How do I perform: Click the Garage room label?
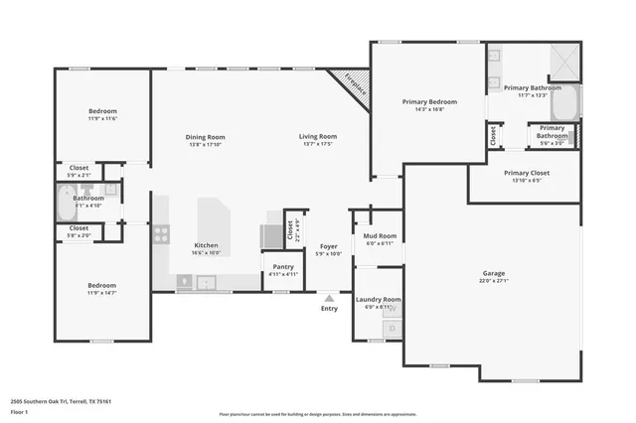[494, 273]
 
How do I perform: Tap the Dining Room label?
[206, 137]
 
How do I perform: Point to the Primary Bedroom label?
[429, 102]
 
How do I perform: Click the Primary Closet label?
[525, 173]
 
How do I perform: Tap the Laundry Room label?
[379, 299]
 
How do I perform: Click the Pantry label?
[278, 267]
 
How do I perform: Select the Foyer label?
[328, 246]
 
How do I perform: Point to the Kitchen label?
[206, 245]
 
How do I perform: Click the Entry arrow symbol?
[329, 296]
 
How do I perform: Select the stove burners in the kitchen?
[160, 234]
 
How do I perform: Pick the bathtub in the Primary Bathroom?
[565, 101]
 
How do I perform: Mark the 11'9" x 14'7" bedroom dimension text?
[102, 293]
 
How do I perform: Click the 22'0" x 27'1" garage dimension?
[494, 281]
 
